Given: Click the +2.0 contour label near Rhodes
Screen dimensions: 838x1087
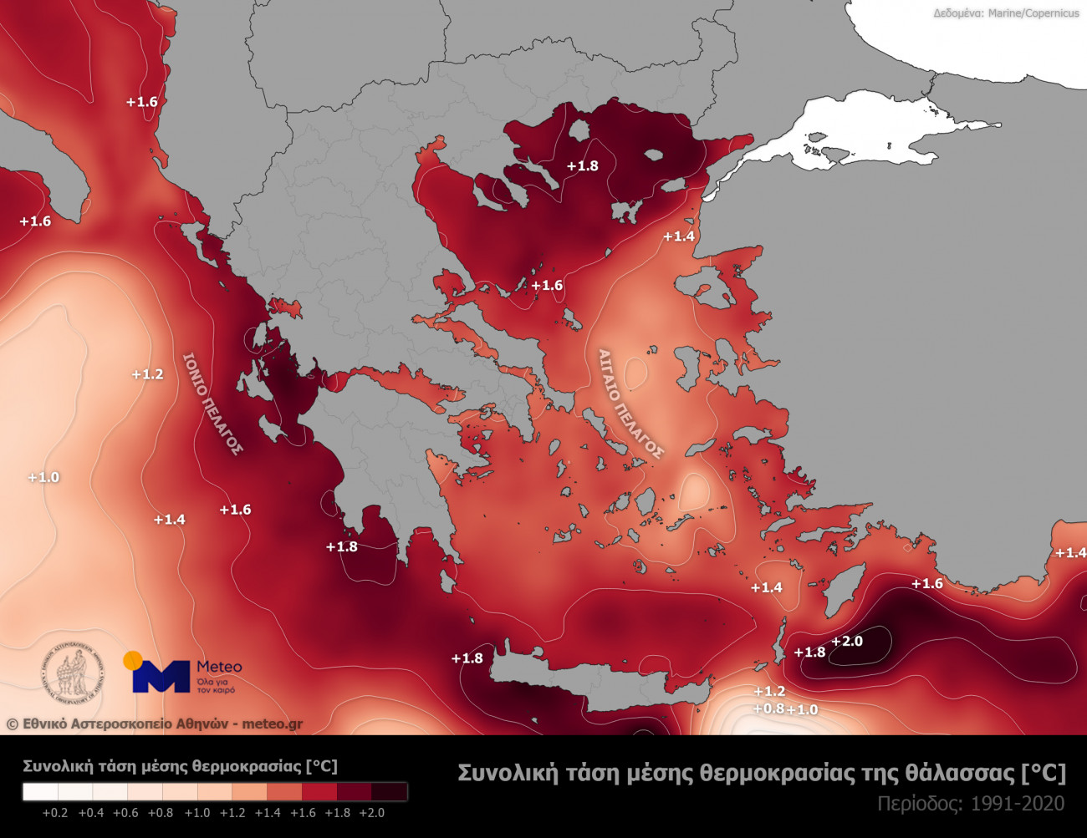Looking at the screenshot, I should [847, 641].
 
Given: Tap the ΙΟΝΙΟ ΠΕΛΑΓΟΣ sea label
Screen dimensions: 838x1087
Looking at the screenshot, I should [212, 404].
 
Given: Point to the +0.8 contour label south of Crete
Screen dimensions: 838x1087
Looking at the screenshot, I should [768, 708].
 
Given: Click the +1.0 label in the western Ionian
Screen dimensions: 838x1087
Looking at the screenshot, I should [43, 477].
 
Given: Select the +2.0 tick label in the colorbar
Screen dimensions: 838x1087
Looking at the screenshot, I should [371, 812].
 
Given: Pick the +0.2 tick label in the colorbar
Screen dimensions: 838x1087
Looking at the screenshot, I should [56, 812].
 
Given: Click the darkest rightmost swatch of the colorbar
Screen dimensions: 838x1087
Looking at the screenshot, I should [390, 791].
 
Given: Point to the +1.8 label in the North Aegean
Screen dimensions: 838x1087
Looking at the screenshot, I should [582, 165].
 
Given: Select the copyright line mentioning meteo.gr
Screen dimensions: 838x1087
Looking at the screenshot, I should [155, 724].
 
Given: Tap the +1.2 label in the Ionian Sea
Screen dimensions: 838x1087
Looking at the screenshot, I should [148, 373].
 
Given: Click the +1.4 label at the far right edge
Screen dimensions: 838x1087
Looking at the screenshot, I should [1070, 552].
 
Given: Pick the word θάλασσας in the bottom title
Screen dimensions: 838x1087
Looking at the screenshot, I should [960, 773].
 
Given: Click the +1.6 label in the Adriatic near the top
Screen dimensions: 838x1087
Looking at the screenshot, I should [141, 101].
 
